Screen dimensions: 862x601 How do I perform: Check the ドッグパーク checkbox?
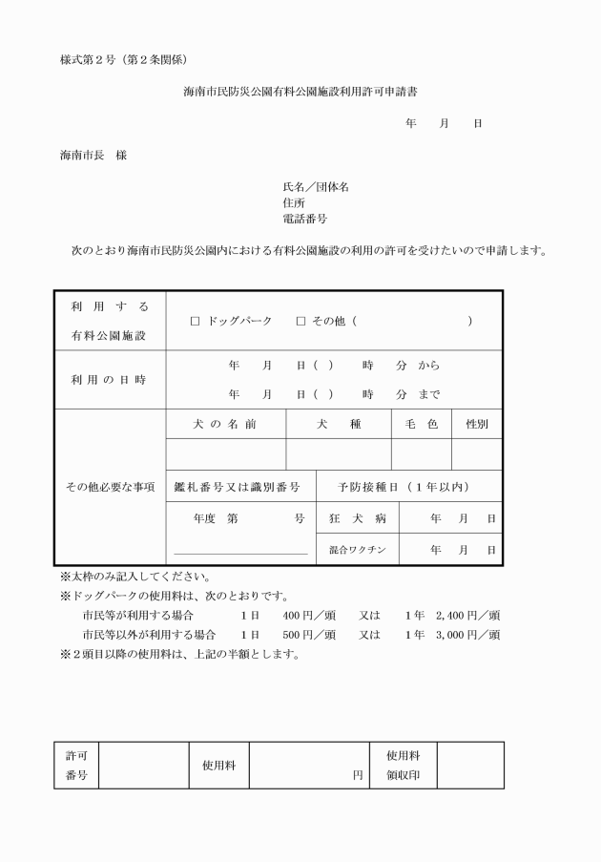click(x=195, y=322)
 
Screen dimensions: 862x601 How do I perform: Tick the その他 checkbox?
click(x=300, y=322)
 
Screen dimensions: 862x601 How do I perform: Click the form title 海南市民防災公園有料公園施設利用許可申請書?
click(x=300, y=93)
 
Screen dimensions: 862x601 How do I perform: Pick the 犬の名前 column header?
click(x=225, y=425)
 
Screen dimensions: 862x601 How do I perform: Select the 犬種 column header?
click(x=339, y=425)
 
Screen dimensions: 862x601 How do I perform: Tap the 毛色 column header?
click(x=421, y=425)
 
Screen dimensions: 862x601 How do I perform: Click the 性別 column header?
click(x=476, y=425)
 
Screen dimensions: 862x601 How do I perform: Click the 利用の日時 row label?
click(x=109, y=380)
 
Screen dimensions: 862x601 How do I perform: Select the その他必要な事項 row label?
click(x=109, y=487)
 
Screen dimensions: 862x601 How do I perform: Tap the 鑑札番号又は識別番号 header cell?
click(x=237, y=487)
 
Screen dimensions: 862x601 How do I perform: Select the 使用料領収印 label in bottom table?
click(x=403, y=766)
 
